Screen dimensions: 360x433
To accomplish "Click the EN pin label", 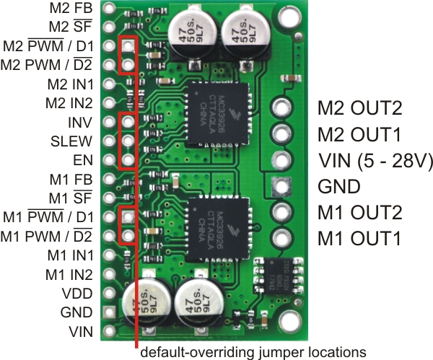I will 82,159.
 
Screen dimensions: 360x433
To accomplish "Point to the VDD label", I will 76,293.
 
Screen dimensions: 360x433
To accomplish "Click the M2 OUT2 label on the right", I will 359,108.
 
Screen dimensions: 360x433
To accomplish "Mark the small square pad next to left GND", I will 110,312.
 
